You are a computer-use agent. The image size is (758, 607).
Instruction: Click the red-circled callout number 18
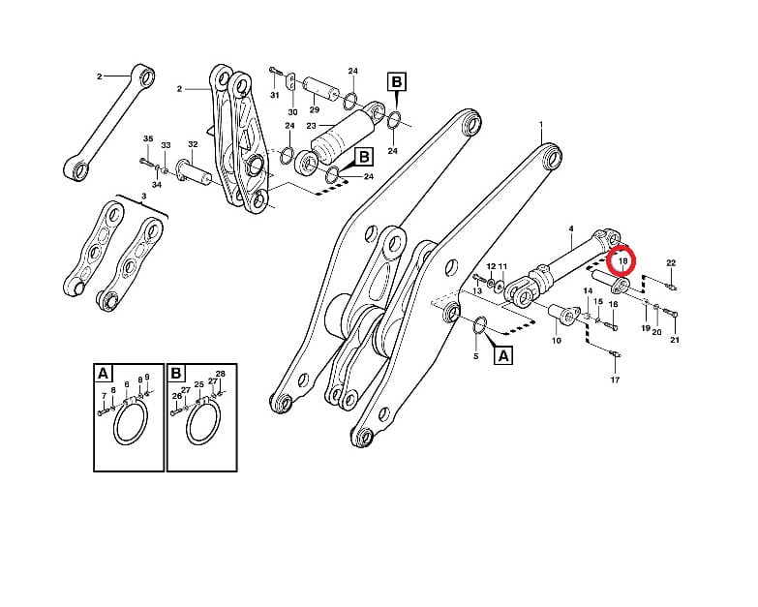pyautogui.click(x=623, y=261)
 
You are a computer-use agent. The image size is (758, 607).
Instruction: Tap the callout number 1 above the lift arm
pyautogui.click(x=541, y=125)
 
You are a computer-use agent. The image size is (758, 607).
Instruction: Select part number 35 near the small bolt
pyautogui.click(x=148, y=138)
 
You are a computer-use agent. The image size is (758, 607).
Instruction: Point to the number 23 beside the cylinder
pyautogui.click(x=311, y=126)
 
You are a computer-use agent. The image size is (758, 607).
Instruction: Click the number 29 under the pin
pyautogui.click(x=315, y=110)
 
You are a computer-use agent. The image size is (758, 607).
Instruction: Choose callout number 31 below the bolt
pyautogui.click(x=275, y=95)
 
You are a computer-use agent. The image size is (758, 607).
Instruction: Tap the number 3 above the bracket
pyautogui.click(x=143, y=196)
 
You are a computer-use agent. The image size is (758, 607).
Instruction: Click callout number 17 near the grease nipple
pyautogui.click(x=615, y=379)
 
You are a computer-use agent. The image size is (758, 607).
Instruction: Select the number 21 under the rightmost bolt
pyautogui.click(x=675, y=340)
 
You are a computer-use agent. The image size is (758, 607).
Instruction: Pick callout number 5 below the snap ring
pyautogui.click(x=475, y=356)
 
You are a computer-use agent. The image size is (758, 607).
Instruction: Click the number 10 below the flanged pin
pyautogui.click(x=557, y=340)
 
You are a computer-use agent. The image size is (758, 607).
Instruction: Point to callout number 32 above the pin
pyautogui.click(x=193, y=144)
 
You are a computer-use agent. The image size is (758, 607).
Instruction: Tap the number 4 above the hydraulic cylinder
pyautogui.click(x=571, y=228)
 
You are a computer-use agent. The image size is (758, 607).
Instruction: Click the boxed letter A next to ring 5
pyautogui.click(x=503, y=355)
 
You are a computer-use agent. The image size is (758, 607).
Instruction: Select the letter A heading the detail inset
pyautogui.click(x=103, y=374)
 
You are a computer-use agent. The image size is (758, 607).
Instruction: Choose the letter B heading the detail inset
pyautogui.click(x=176, y=374)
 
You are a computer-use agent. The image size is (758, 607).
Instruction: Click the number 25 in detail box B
pyautogui.click(x=199, y=384)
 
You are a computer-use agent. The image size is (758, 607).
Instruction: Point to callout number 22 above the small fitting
pyautogui.click(x=671, y=263)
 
